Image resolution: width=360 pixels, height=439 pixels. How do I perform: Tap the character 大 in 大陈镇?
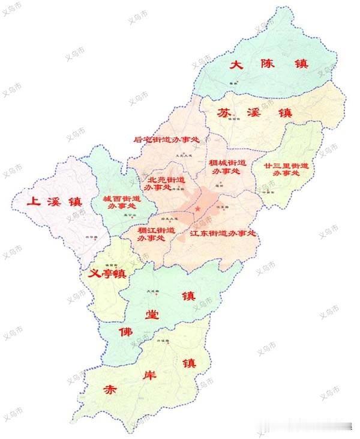pos(237,65)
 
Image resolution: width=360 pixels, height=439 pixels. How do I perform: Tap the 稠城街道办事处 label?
pos(227,167)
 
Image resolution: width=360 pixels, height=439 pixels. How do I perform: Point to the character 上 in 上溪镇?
pos(34,202)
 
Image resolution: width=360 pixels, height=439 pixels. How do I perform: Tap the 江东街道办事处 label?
pos(223,232)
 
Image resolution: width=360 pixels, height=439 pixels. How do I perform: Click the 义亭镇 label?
pos(107,274)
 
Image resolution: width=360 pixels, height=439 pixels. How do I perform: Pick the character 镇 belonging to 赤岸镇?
pos(190,363)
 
